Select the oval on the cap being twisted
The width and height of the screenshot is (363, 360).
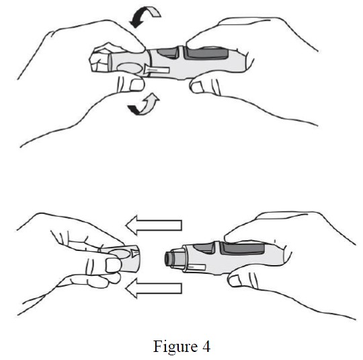130,69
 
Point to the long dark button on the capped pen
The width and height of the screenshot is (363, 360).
208,54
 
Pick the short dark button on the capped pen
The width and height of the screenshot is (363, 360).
167,53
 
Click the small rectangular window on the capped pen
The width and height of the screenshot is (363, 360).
157,69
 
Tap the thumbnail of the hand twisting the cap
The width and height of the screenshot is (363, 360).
137,85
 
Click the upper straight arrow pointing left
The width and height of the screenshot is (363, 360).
154,225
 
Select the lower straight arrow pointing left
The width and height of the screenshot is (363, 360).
154,288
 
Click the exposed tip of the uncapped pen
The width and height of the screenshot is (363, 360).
171,258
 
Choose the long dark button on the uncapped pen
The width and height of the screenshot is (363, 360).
243,248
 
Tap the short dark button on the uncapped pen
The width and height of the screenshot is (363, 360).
204,248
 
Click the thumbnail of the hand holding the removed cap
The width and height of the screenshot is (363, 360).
114,265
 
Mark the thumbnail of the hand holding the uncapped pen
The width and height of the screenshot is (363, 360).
236,281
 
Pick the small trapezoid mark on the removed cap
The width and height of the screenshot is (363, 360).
134,253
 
